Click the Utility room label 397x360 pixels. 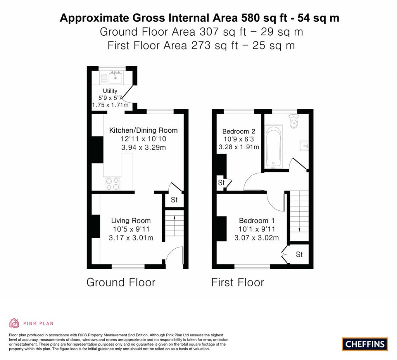110,91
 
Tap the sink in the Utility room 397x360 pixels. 115,78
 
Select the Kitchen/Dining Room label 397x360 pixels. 143,130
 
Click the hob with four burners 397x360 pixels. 112,183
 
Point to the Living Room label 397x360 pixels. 131,221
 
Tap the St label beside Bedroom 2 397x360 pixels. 221,182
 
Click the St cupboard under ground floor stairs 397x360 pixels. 174,200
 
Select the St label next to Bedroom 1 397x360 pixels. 299,254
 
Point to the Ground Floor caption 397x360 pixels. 121,282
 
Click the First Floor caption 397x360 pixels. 237,282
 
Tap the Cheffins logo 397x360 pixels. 365,344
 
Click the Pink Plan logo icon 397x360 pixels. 14,323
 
